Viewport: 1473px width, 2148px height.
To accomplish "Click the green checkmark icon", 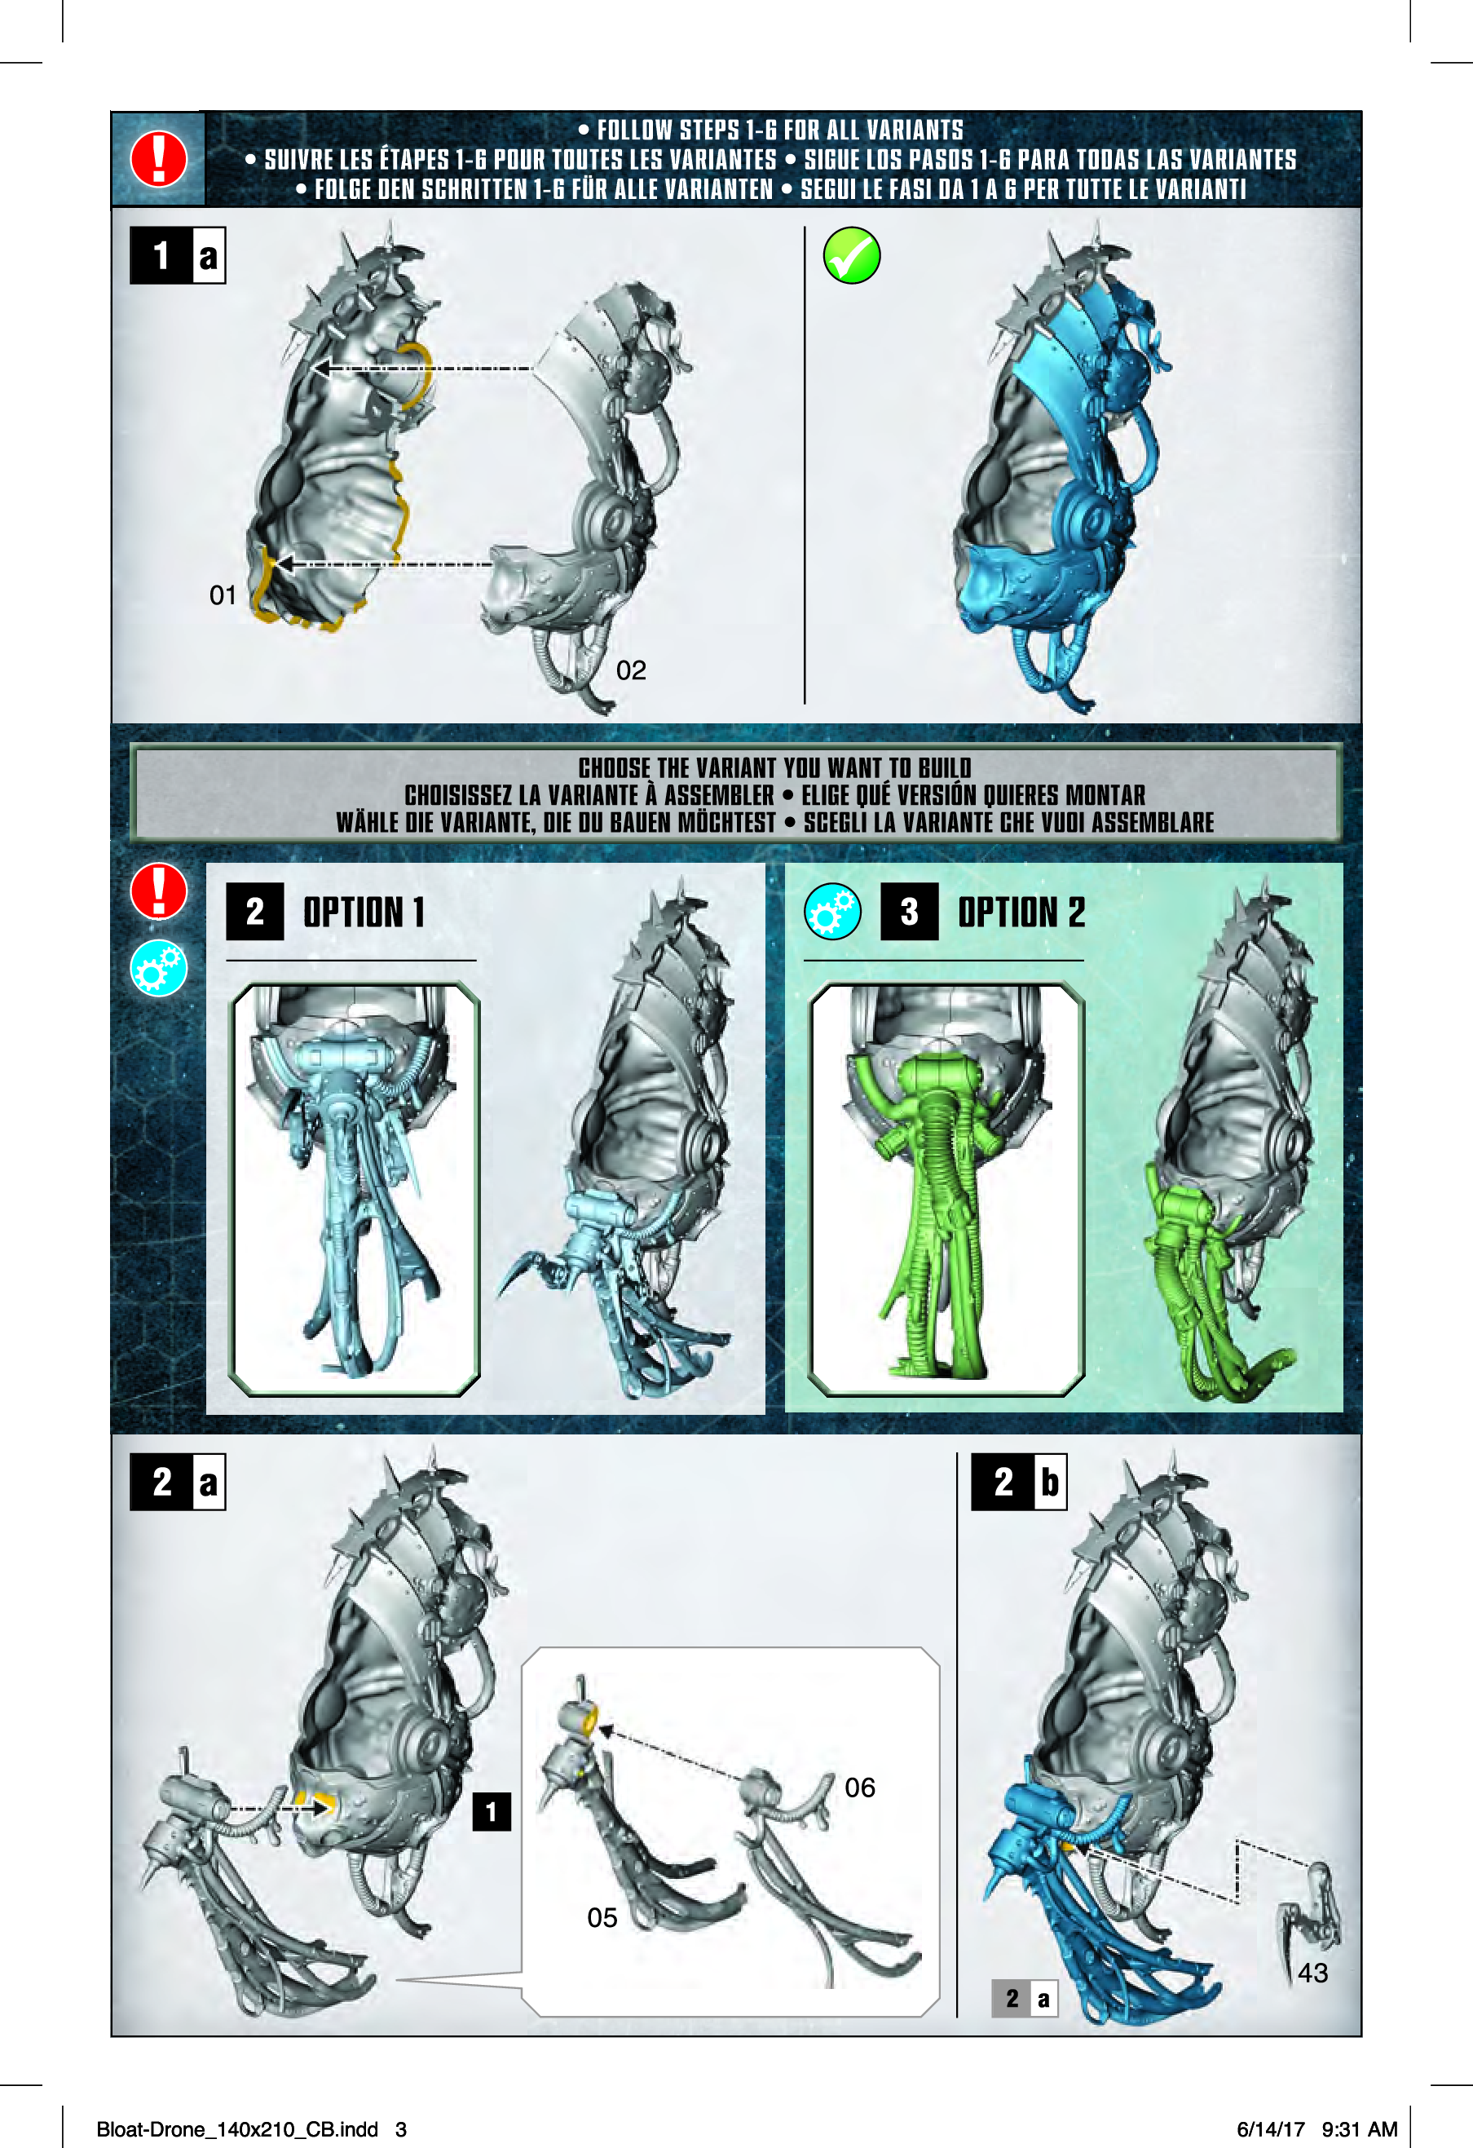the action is (x=851, y=255).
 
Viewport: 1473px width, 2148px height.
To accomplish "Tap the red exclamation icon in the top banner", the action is (x=158, y=159).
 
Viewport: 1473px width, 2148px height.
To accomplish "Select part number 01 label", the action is (x=223, y=595).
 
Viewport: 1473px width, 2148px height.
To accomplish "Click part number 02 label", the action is (x=631, y=670).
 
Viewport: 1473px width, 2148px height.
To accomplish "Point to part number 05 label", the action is (x=602, y=1918).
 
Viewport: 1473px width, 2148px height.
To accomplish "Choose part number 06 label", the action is (x=859, y=1788).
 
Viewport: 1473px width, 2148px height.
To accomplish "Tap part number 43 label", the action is (x=1312, y=1973).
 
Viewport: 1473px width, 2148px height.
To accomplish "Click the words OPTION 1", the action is (x=364, y=913).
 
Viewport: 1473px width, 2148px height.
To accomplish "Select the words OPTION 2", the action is (x=1021, y=913).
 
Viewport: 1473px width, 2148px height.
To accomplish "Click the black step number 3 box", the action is (x=909, y=913).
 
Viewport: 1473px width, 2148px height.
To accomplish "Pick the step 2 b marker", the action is (x=1019, y=1482).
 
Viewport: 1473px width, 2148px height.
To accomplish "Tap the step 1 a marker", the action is (x=178, y=255).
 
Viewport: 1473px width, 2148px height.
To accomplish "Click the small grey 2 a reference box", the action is (x=1025, y=1998).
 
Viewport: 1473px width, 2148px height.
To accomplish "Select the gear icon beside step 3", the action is (x=832, y=912).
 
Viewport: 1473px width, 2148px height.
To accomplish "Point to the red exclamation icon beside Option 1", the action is (x=158, y=891).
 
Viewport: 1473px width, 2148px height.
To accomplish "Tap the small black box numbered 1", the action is (x=492, y=1811).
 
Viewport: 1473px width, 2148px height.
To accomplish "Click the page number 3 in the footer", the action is (x=401, y=2129).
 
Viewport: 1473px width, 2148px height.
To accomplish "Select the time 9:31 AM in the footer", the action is (x=1360, y=2129).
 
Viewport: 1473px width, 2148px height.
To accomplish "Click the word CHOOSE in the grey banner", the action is (x=615, y=768).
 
